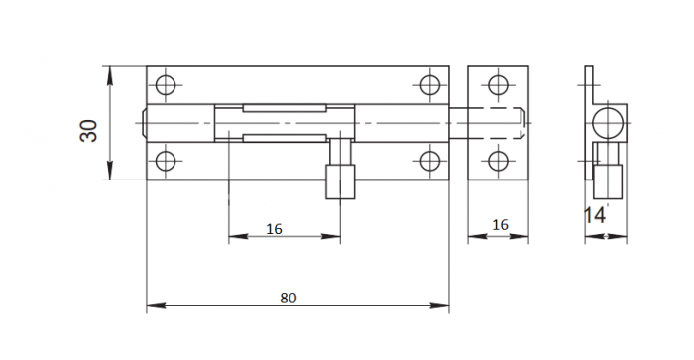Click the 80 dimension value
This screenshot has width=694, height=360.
click(x=289, y=298)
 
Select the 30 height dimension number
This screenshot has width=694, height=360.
click(x=88, y=131)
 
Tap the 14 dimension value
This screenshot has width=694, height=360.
click(x=594, y=215)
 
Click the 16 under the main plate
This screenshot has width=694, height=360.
click(x=274, y=229)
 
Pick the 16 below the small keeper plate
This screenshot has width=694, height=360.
click(x=500, y=225)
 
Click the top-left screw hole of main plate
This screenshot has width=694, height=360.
click(x=166, y=85)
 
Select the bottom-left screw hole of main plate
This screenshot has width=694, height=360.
click(x=166, y=161)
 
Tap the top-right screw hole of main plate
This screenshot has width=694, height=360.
click(x=429, y=85)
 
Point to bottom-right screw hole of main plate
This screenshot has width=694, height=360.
click(x=429, y=161)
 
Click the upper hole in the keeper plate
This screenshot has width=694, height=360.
click(x=498, y=85)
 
